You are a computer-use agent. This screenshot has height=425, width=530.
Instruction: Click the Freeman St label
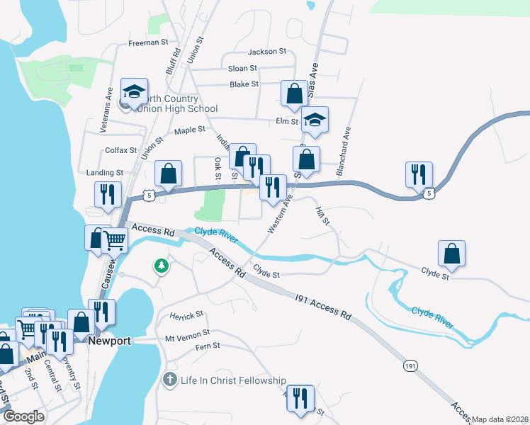pyautogui.click(x=148, y=42)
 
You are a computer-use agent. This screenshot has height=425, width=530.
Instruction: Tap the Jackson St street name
pyautogui.click(x=267, y=52)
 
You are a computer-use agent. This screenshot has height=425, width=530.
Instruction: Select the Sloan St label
pyautogui.click(x=242, y=68)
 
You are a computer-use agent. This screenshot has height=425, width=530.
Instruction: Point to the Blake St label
pyautogui.click(x=244, y=84)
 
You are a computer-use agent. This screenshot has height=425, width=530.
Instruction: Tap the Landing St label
pyautogui.click(x=105, y=172)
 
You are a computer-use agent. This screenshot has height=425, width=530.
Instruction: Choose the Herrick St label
pyautogui.click(x=186, y=313)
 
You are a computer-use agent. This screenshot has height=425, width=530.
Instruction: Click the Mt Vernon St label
pyautogui.click(x=187, y=331)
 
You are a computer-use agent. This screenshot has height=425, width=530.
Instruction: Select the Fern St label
pyautogui.click(x=208, y=346)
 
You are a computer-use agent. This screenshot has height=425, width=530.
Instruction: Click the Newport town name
pyautogui.click(x=110, y=341)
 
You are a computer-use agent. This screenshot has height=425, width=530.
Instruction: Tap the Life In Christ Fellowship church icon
pyautogui.click(x=169, y=380)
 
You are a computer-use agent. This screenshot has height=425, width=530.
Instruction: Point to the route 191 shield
pyautogui.click(x=410, y=365)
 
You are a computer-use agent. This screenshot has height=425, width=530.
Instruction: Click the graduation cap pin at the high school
pyautogui.click(x=134, y=91)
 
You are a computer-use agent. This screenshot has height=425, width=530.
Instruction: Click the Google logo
pyautogui.click(x=24, y=417)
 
